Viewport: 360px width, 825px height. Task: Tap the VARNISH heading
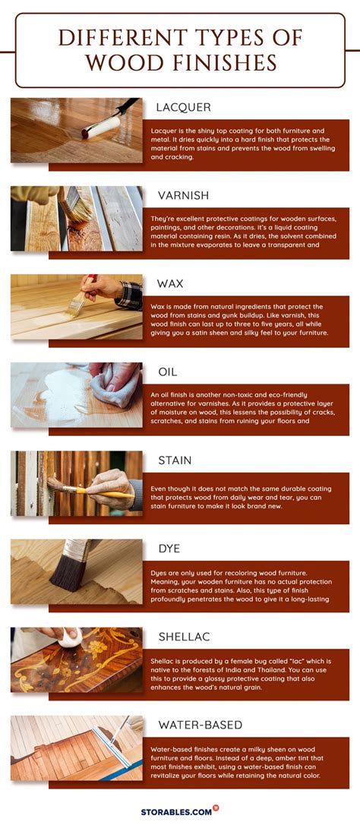tap(182, 195)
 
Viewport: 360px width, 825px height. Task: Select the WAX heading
tap(171, 283)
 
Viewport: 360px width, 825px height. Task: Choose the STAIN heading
tap(175, 460)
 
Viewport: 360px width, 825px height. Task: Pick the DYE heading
tap(169, 548)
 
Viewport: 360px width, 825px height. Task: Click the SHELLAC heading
tap(185, 637)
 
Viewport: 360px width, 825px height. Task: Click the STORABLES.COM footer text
tap(176, 812)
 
